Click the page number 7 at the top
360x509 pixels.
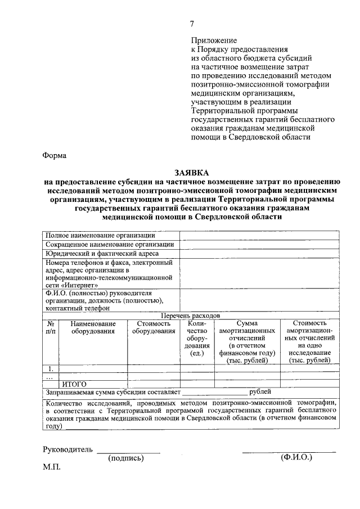coord(192,24)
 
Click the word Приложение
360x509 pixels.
coord(214,40)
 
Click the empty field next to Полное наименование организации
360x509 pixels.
coord(259,235)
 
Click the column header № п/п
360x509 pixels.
coord(51,327)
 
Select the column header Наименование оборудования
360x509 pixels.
coord(93,327)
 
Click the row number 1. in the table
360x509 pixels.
coord(51,369)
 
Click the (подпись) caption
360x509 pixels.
coord(126,458)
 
